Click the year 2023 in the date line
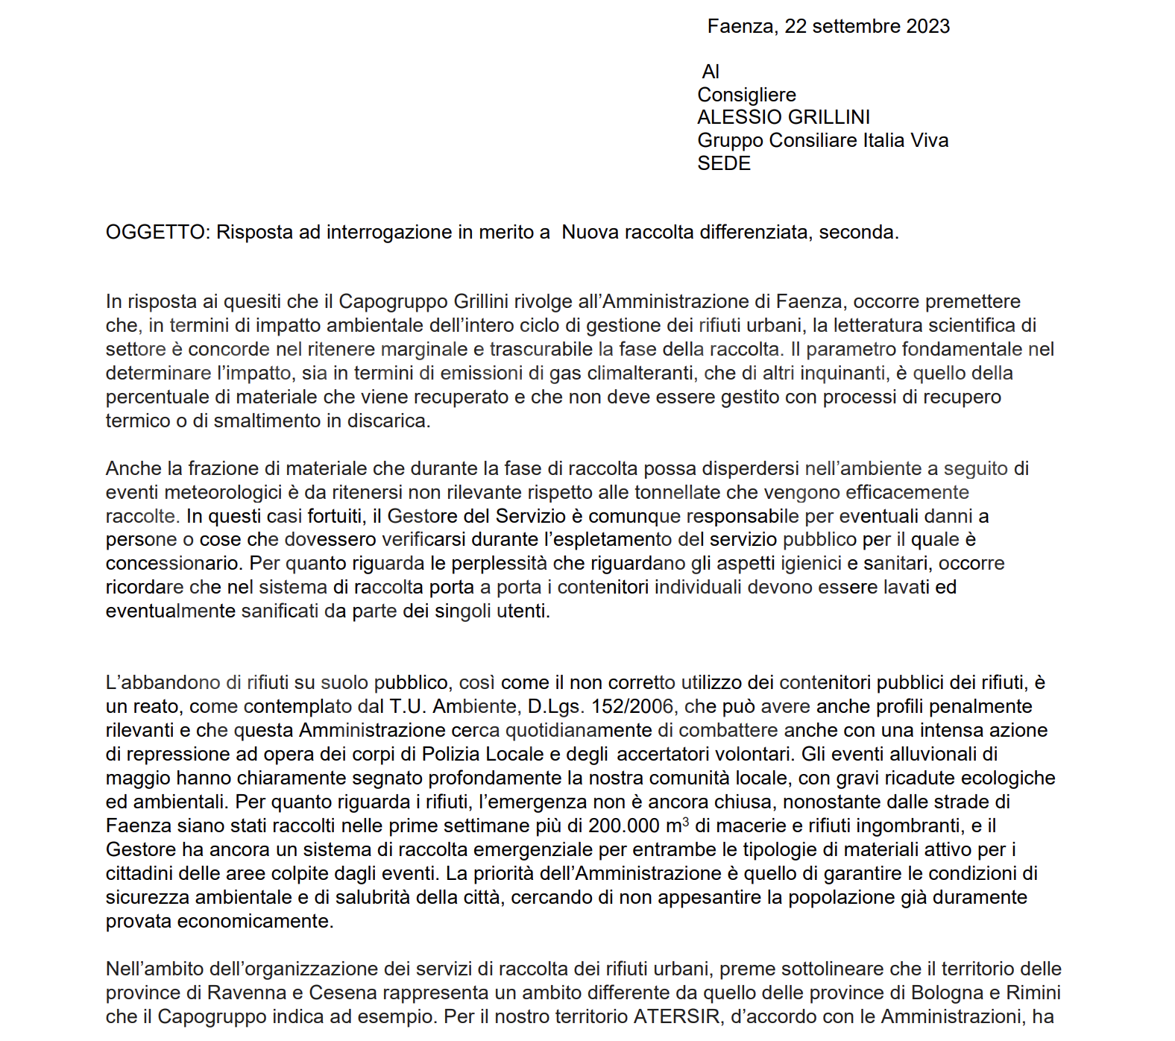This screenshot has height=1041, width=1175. (927, 26)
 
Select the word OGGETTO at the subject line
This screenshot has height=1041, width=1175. (155, 232)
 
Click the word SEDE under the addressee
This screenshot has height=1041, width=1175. (724, 163)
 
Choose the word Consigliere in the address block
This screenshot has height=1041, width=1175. (746, 95)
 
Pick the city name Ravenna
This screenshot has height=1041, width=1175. (246, 993)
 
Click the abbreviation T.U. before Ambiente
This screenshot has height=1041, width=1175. (408, 706)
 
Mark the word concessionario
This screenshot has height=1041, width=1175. (172, 563)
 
